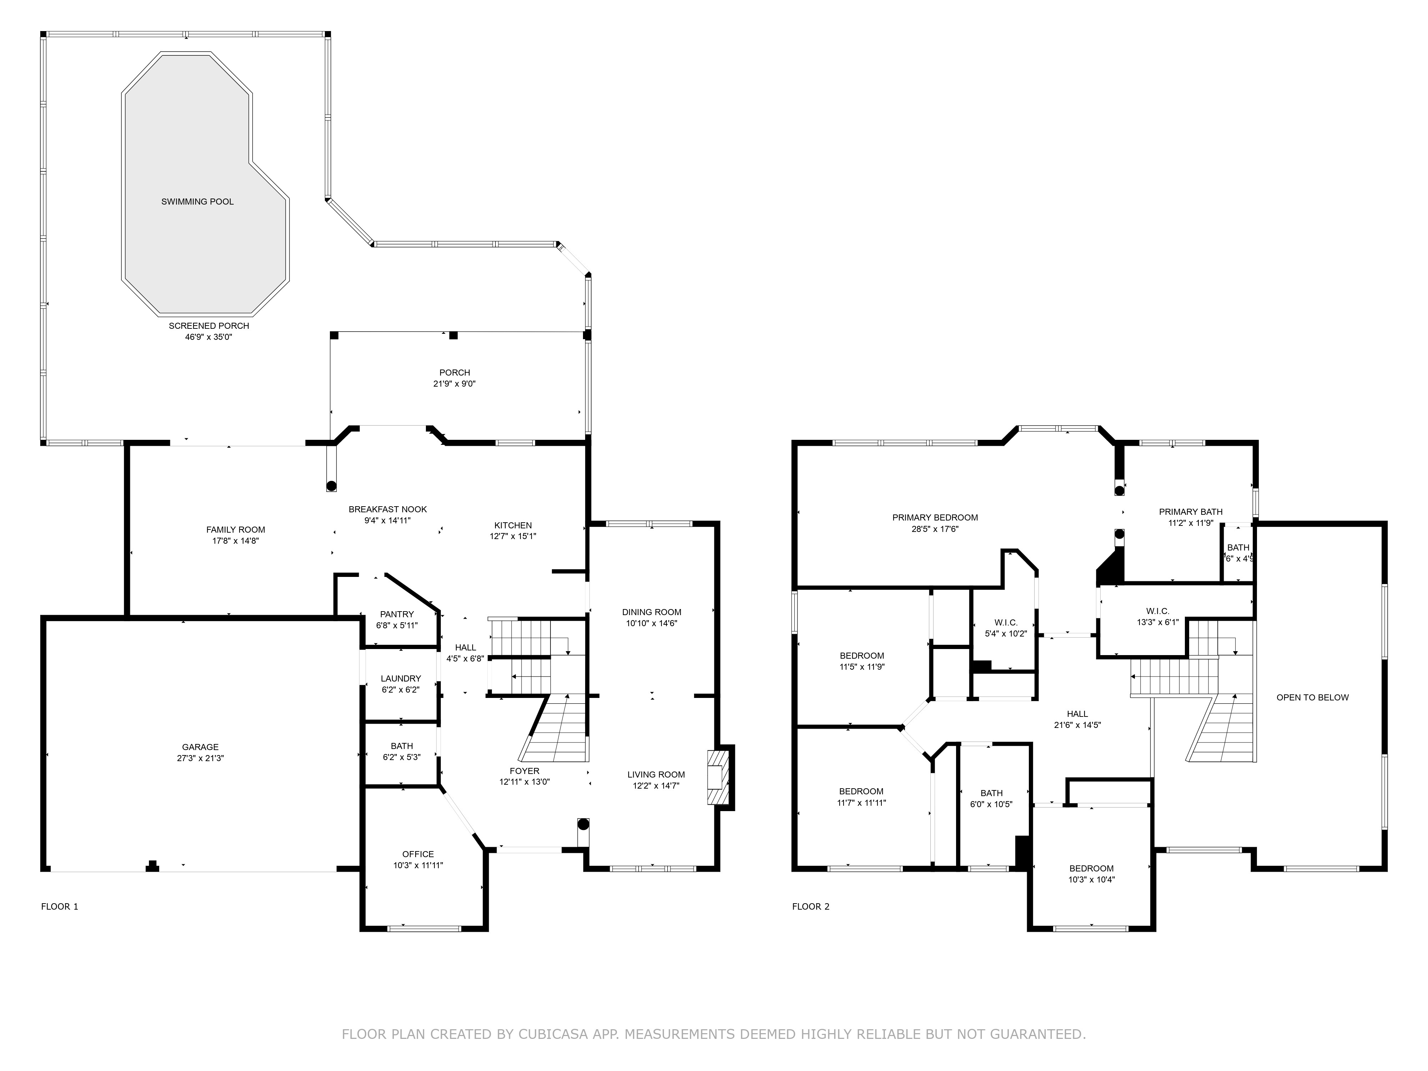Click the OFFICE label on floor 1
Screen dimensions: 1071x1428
(x=418, y=854)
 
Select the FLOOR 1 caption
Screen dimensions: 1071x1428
(x=59, y=906)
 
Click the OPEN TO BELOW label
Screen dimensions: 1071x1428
(x=1312, y=697)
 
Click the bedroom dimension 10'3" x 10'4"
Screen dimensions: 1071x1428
(x=1091, y=879)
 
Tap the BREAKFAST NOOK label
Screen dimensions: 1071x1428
(x=387, y=509)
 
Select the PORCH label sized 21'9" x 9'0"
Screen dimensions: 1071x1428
(x=454, y=372)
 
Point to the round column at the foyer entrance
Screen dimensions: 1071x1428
(x=583, y=824)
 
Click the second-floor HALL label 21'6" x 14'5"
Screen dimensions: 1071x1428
(x=1077, y=714)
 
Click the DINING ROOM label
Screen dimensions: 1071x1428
(x=652, y=612)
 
